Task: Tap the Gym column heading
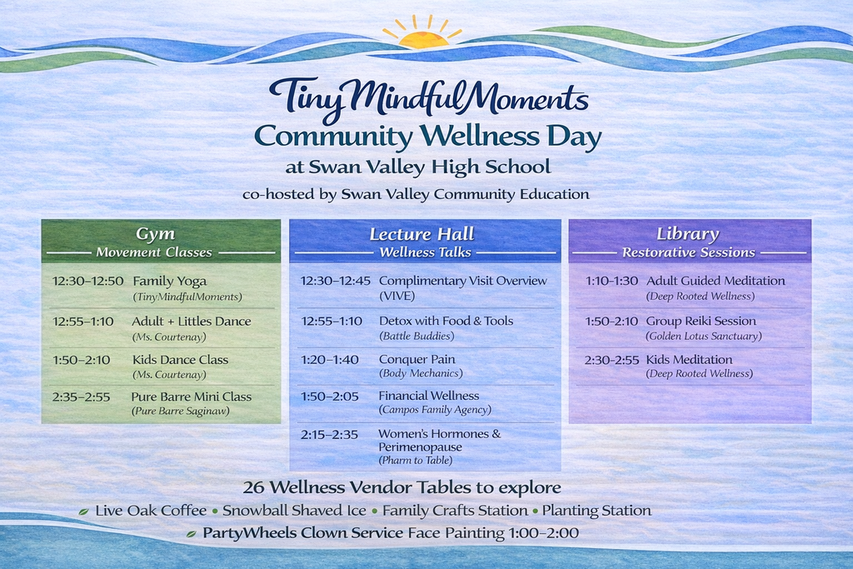[156, 234]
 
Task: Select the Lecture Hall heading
[422, 234]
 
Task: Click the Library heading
[687, 234]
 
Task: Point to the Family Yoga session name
[170, 282]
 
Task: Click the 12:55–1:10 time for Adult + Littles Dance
[82, 322]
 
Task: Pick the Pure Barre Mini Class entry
[191, 397]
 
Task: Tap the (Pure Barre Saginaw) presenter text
[180, 412]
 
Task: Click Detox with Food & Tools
[446, 321]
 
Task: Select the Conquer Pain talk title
[417, 360]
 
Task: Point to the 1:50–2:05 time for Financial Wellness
[330, 397]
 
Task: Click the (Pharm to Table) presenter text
[415, 460]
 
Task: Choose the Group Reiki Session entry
[701, 321]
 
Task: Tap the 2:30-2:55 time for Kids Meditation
[611, 360]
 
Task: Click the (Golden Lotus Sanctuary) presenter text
[703, 337]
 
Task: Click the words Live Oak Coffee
[151, 511]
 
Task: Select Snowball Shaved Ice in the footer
[294, 511]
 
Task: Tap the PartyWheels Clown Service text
[302, 532]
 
